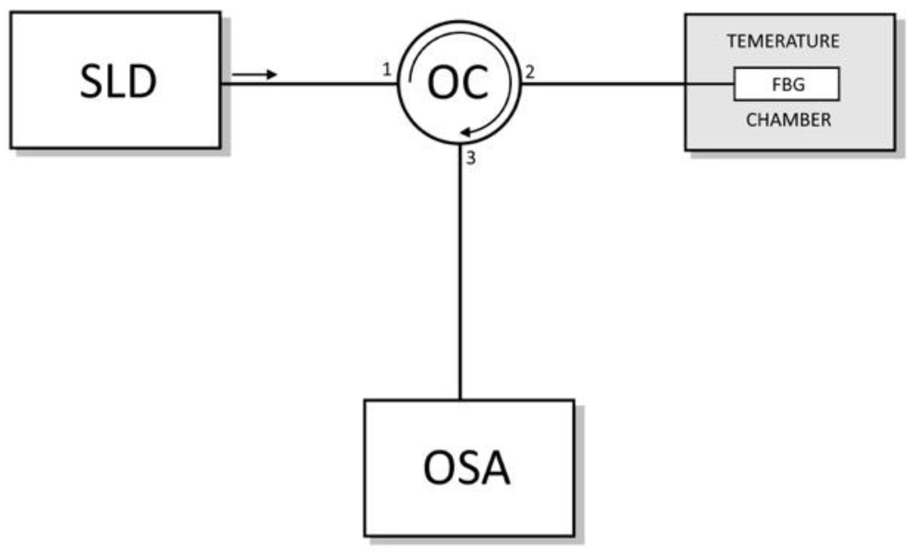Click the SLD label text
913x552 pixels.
[118, 81]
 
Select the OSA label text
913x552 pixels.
[466, 468]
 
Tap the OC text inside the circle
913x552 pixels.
[458, 82]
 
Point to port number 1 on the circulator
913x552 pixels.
[387, 70]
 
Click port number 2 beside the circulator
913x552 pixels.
[529, 72]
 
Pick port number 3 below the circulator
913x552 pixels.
[471, 159]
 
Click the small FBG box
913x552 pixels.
[786, 84]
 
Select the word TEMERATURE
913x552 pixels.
[783, 41]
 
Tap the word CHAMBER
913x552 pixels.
[788, 120]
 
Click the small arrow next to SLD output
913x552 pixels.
[254, 74]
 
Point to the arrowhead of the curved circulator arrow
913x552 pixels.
[465, 133]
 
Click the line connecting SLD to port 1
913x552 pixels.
[308, 84]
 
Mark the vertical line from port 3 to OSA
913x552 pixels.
[460, 274]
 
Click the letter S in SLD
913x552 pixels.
[91, 81]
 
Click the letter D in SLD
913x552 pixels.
[142, 81]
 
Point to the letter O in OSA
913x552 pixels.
[438, 468]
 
